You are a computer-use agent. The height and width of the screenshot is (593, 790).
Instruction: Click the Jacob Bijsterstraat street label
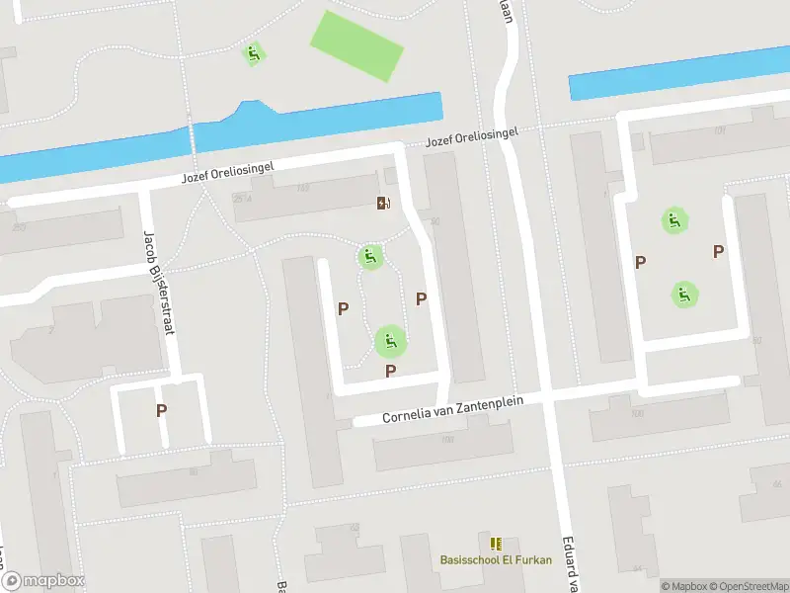coord(158,283)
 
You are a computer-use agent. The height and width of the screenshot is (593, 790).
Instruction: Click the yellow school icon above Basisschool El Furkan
coord(496,544)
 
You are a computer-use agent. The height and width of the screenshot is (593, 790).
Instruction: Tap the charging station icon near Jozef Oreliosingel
coord(383,204)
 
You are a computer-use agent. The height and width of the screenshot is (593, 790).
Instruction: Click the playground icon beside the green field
coord(254,54)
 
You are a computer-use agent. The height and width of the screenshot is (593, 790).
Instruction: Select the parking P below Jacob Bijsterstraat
coord(161,410)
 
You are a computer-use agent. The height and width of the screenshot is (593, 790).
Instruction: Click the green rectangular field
coord(356,46)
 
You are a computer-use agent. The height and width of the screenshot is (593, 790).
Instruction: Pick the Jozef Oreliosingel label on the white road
coord(227,175)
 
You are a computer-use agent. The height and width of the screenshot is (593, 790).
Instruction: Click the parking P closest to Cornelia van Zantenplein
coord(391,372)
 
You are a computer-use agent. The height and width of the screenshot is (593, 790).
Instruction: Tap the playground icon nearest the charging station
coord(370,258)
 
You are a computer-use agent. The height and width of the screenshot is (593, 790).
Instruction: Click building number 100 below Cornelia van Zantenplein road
coord(637,412)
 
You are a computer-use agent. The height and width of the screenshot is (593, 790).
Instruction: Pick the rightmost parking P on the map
coord(718,252)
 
